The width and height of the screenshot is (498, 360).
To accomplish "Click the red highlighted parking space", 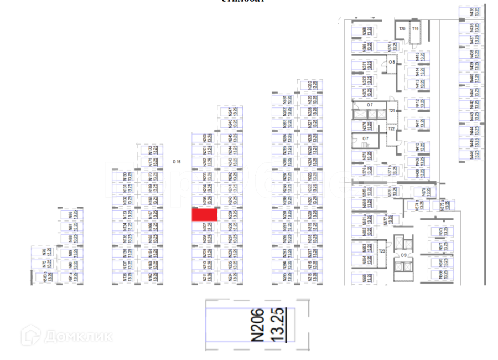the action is coord(204,214).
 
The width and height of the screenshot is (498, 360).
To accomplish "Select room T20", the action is coord(402,29).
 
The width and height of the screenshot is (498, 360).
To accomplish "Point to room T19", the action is coord(414,29).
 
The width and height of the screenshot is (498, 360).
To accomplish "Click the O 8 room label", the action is coord(392,63).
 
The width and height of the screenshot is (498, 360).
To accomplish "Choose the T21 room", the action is coord(392,111).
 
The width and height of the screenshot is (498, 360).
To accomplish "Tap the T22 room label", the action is coord(391,129).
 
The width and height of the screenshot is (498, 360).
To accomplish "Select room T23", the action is coord(382,251).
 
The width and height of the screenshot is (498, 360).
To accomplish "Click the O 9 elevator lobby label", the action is coord(404,255).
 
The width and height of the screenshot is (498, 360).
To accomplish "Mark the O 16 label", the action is coord(177,162).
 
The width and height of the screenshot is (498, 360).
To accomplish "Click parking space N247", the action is coord(232,111).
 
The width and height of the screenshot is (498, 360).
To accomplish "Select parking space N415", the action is coord(419,56).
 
